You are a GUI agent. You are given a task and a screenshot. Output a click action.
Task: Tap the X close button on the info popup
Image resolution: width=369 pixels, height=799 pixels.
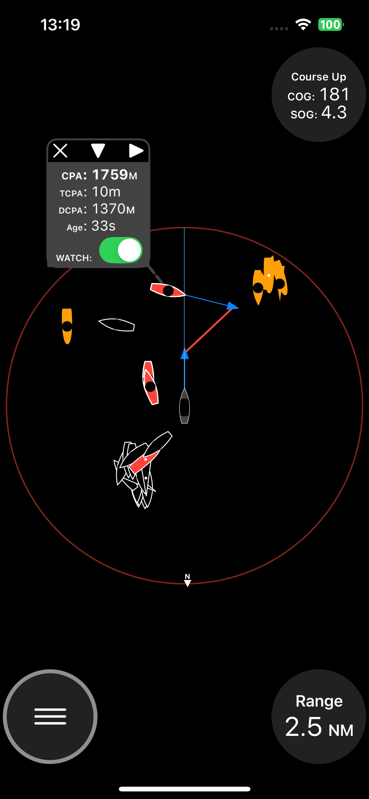pyautogui.click(x=60, y=151)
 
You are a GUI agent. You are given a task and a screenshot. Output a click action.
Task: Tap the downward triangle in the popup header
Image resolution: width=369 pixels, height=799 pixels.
pyautogui.click(x=98, y=151)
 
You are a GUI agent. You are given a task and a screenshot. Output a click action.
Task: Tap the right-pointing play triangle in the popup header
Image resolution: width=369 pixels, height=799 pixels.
pyautogui.click(x=136, y=151)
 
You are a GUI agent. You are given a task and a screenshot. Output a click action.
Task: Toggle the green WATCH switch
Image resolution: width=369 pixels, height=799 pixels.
pyautogui.click(x=121, y=250)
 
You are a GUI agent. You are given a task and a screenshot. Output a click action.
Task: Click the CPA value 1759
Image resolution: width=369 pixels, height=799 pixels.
pyautogui.click(x=110, y=175)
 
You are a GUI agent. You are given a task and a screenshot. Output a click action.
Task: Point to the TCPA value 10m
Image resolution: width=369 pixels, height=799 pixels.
pyautogui.click(x=106, y=192)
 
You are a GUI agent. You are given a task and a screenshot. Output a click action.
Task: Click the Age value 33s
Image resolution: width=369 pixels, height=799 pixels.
pyautogui.click(x=103, y=226)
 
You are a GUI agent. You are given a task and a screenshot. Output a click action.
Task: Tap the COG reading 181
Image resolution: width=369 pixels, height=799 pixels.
pyautogui.click(x=334, y=94)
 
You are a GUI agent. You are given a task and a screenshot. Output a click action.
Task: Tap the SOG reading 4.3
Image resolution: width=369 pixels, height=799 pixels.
pyautogui.click(x=334, y=112)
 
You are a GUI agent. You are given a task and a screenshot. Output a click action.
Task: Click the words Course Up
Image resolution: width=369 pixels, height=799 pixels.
pyautogui.click(x=319, y=77)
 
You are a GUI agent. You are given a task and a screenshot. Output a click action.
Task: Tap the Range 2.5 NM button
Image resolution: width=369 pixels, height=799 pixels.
pyautogui.click(x=319, y=717)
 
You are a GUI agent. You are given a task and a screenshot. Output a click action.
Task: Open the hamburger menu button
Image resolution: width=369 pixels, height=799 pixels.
pyautogui.click(x=50, y=717)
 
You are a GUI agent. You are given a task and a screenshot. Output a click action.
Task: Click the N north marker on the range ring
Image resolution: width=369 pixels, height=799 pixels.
pyautogui.click(x=187, y=580)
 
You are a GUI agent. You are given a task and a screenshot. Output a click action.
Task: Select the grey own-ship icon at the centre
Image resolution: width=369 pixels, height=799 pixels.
pyautogui.click(x=184, y=406)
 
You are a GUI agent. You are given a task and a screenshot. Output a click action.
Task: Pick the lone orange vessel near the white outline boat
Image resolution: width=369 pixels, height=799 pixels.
pyautogui.click(x=67, y=326)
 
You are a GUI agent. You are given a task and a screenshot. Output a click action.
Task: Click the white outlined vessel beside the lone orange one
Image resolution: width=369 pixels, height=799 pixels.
pyautogui.click(x=117, y=325)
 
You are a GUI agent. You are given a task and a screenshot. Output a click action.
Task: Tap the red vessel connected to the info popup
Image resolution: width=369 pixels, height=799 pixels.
pyautogui.click(x=167, y=290)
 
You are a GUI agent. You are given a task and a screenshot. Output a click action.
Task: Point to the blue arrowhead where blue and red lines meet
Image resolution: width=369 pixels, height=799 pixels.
pyautogui.click(x=233, y=306)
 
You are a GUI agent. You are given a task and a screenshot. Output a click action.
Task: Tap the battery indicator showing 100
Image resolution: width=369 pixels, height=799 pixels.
pyautogui.click(x=331, y=25)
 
